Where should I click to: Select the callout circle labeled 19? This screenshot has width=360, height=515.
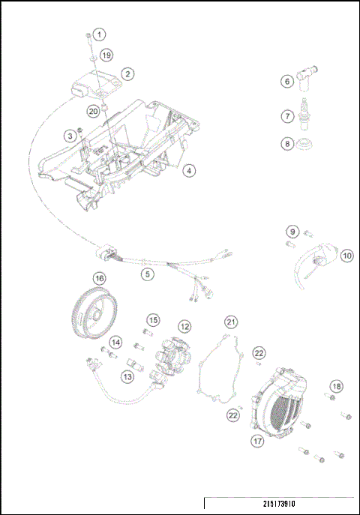[x=106, y=55]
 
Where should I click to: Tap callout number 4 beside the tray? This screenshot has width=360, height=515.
[x=190, y=171]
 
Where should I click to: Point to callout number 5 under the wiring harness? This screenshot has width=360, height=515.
[x=148, y=274]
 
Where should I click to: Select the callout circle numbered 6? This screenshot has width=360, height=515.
[x=286, y=81]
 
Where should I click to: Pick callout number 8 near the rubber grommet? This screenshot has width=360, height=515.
[x=286, y=143]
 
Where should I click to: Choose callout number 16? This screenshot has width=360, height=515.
[x=99, y=278]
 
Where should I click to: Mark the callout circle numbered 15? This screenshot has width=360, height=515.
[x=152, y=321]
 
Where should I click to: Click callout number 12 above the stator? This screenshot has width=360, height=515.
[x=184, y=327]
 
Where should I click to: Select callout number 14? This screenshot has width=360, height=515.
[x=115, y=343]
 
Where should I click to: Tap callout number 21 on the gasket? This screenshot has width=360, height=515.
[x=232, y=322]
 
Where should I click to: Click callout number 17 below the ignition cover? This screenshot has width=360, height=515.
[x=257, y=442]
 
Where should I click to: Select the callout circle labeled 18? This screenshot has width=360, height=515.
[x=337, y=385]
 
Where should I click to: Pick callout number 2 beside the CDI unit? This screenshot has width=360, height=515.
[x=128, y=74]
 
